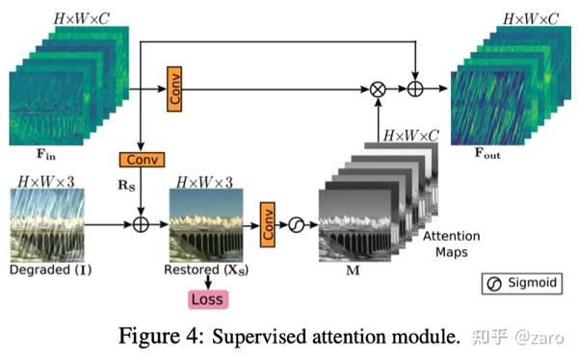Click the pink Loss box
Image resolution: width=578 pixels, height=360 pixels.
[x=207, y=299]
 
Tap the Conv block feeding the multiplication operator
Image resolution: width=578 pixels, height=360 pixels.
[x=174, y=90]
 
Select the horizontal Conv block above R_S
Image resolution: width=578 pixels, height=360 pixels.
[x=141, y=159]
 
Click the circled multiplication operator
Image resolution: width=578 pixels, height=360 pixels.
[x=378, y=90]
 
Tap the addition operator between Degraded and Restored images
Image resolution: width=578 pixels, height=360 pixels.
[x=142, y=225]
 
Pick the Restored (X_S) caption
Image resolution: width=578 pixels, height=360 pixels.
[x=207, y=270]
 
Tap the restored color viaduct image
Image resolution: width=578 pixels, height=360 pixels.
[x=207, y=225]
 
